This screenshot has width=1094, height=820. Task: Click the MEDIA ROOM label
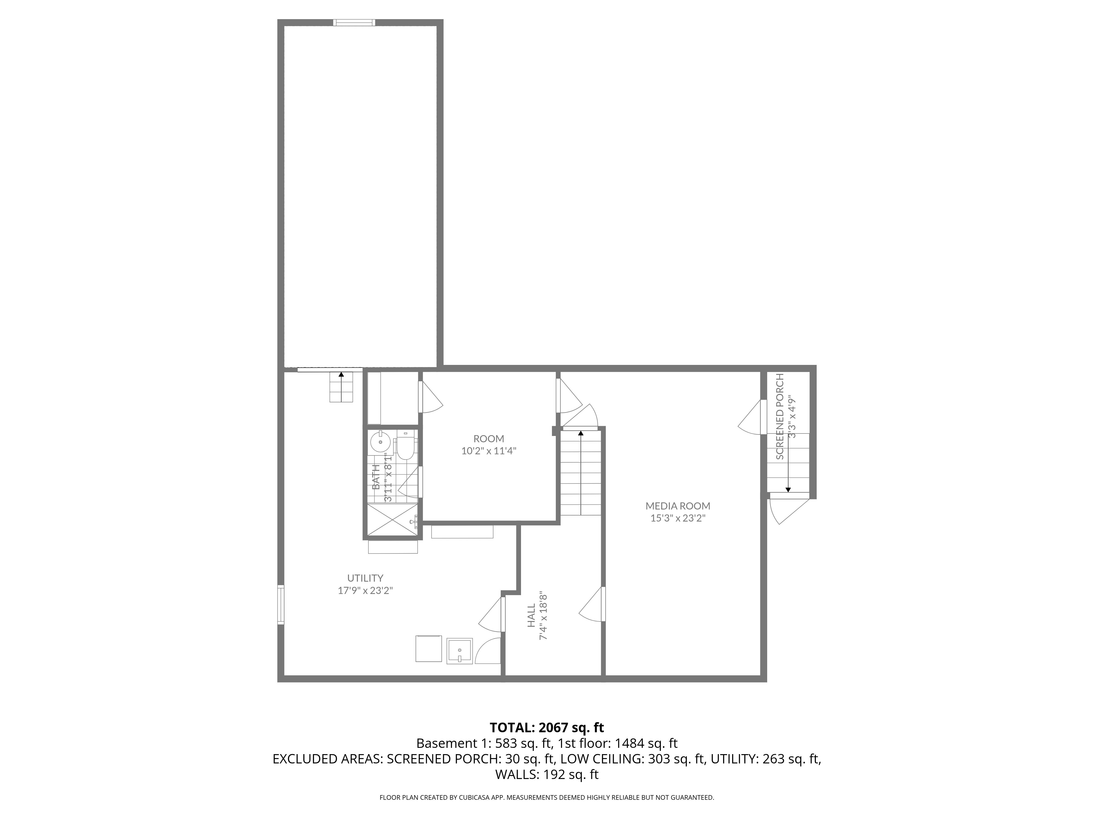pos(677,506)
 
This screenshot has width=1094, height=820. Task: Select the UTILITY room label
pos(365,578)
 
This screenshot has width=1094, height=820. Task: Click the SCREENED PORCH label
pos(780,417)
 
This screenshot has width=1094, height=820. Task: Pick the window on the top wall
pos(354,22)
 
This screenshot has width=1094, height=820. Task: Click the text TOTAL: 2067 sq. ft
pos(546,728)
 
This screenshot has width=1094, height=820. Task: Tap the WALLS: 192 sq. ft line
pos(546,775)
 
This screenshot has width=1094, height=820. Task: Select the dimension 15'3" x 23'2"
pos(677,518)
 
